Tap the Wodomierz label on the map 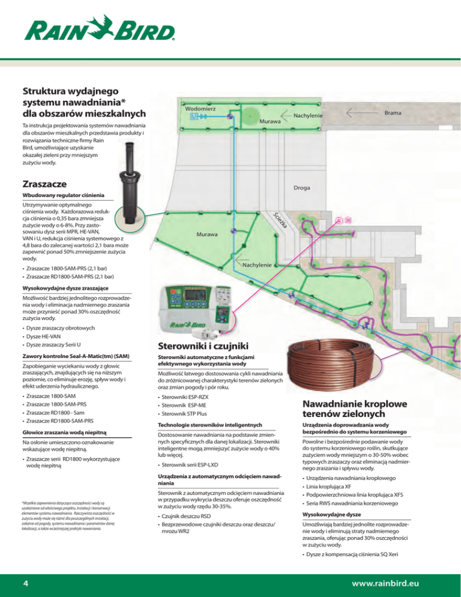click(201, 108)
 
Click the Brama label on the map click(394, 112)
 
